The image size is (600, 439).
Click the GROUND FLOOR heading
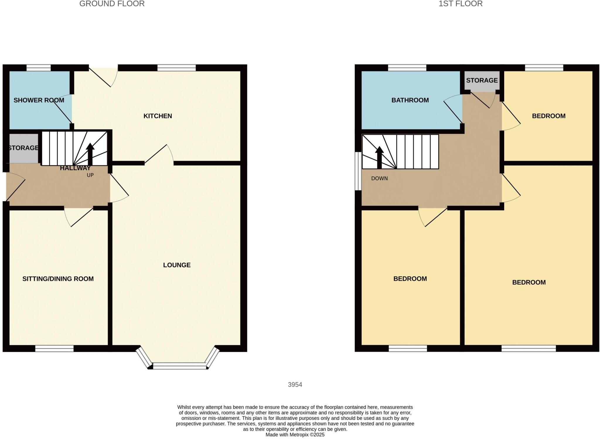112,4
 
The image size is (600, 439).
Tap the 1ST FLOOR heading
461,4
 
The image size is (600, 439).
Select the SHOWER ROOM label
39,100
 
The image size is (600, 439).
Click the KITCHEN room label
158,116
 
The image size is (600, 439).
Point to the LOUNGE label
177,265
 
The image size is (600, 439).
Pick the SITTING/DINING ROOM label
58,279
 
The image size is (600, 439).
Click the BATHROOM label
410,100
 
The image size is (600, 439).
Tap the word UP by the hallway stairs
90,175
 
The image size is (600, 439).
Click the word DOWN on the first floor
379,178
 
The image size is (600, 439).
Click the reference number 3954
295,384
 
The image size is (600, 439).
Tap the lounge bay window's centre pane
179,366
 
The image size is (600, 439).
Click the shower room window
38,68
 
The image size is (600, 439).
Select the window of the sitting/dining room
54,348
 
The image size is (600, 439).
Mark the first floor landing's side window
358,171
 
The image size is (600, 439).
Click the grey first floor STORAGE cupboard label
482,80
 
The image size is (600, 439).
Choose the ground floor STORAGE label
23,148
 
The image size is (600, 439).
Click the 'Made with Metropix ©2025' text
295,435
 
